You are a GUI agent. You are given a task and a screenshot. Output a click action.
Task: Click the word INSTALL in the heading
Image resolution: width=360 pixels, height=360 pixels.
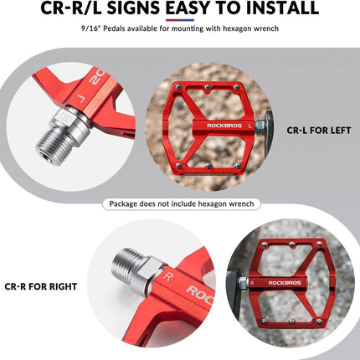(x=283, y=8)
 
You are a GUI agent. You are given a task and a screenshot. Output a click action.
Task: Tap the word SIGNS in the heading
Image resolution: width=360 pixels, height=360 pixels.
(x=133, y=8)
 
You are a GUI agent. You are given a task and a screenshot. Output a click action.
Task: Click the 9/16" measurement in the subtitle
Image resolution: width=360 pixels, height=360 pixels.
(x=90, y=28)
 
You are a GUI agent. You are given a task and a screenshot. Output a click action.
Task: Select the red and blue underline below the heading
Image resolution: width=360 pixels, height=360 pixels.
(x=180, y=20)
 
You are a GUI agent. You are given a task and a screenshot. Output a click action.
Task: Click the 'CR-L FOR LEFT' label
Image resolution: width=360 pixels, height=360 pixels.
(x=319, y=131)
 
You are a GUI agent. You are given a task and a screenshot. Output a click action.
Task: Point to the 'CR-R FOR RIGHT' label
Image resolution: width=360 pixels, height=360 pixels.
(x=41, y=286)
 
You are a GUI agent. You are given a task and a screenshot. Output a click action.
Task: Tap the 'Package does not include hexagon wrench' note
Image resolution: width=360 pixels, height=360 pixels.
(x=182, y=203)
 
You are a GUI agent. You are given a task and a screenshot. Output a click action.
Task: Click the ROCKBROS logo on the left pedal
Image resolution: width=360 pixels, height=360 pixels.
(x=224, y=126)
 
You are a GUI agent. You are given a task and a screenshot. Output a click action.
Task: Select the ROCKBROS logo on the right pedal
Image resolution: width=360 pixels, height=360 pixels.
(x=285, y=283)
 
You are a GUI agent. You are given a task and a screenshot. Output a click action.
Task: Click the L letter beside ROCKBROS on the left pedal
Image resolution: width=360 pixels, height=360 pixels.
(x=250, y=126)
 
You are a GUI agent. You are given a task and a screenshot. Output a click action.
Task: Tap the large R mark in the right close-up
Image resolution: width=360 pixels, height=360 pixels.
(x=168, y=277)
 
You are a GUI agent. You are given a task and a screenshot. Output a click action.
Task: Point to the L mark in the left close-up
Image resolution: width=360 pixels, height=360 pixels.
(x=80, y=98)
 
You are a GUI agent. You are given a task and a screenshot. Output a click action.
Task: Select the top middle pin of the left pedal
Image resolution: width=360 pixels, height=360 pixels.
(x=208, y=87)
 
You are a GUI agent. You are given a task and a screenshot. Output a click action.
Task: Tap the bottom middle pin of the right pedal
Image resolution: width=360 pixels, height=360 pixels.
(x=291, y=321)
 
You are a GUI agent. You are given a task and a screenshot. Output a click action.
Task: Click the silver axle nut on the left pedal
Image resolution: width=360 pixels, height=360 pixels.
(x=260, y=126)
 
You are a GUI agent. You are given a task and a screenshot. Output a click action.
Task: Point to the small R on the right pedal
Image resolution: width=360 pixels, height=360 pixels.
(x=252, y=283)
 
